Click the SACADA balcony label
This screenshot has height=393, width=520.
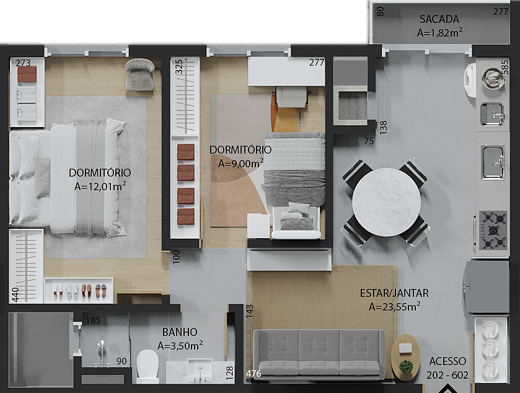[439, 19]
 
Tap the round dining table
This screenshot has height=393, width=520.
[386, 202]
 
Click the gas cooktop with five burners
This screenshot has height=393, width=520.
[493, 230]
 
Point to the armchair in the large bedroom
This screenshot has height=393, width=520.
[139, 74]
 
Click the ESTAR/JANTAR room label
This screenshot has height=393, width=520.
[394, 293]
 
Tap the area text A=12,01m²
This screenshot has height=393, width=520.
[100, 186]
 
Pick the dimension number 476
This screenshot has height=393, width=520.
[253, 374]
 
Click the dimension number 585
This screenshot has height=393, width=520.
[505, 68]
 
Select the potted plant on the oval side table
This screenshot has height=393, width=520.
[406, 366]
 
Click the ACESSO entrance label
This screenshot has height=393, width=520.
[447, 361]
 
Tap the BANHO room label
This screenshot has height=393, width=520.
[180, 332]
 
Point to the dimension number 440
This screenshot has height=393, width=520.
[15, 295]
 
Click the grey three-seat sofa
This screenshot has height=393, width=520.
[319, 354]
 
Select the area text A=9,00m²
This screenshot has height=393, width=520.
[240, 163]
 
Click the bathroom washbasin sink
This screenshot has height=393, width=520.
[200, 370]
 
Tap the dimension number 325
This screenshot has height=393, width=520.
[178, 67]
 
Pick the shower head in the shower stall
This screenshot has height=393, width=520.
[102, 345]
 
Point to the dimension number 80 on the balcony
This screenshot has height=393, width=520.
[381, 12]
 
